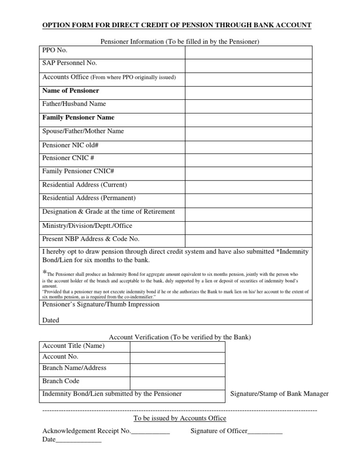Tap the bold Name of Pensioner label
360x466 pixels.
click(71, 90)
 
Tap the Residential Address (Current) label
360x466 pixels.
click(84, 185)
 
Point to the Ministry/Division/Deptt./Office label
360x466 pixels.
click(87, 225)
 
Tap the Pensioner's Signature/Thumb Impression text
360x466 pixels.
click(101, 304)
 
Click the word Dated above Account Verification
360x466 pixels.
click(51, 321)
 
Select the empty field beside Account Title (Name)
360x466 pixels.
click(177, 346)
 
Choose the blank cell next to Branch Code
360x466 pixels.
click(177, 382)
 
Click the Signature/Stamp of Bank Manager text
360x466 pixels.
click(279, 394)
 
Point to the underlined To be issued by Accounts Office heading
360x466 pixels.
click(180, 418)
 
